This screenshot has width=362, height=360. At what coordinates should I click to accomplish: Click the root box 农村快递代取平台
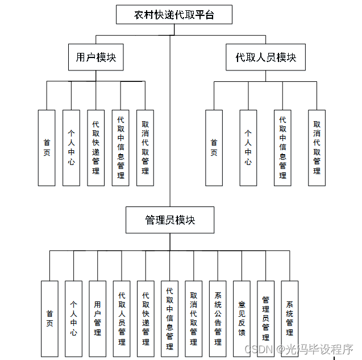(x=174, y=15)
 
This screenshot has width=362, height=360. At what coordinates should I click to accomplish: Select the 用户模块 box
(x=96, y=57)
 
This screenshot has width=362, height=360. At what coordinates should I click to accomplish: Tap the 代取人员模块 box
(x=266, y=57)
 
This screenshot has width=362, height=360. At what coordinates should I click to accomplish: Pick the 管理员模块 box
(x=170, y=220)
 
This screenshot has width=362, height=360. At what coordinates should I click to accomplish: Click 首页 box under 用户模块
(x=47, y=148)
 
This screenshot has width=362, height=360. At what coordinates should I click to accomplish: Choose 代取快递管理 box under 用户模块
(x=95, y=148)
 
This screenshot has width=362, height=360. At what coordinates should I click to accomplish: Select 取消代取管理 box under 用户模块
(x=145, y=148)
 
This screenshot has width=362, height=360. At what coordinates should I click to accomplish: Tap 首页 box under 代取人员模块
(x=214, y=148)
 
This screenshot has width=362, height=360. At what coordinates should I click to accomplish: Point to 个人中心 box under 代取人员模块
(x=248, y=148)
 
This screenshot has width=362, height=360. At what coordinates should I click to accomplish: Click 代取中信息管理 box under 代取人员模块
(x=282, y=148)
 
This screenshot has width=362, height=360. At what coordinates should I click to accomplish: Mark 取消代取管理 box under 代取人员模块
(x=317, y=148)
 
